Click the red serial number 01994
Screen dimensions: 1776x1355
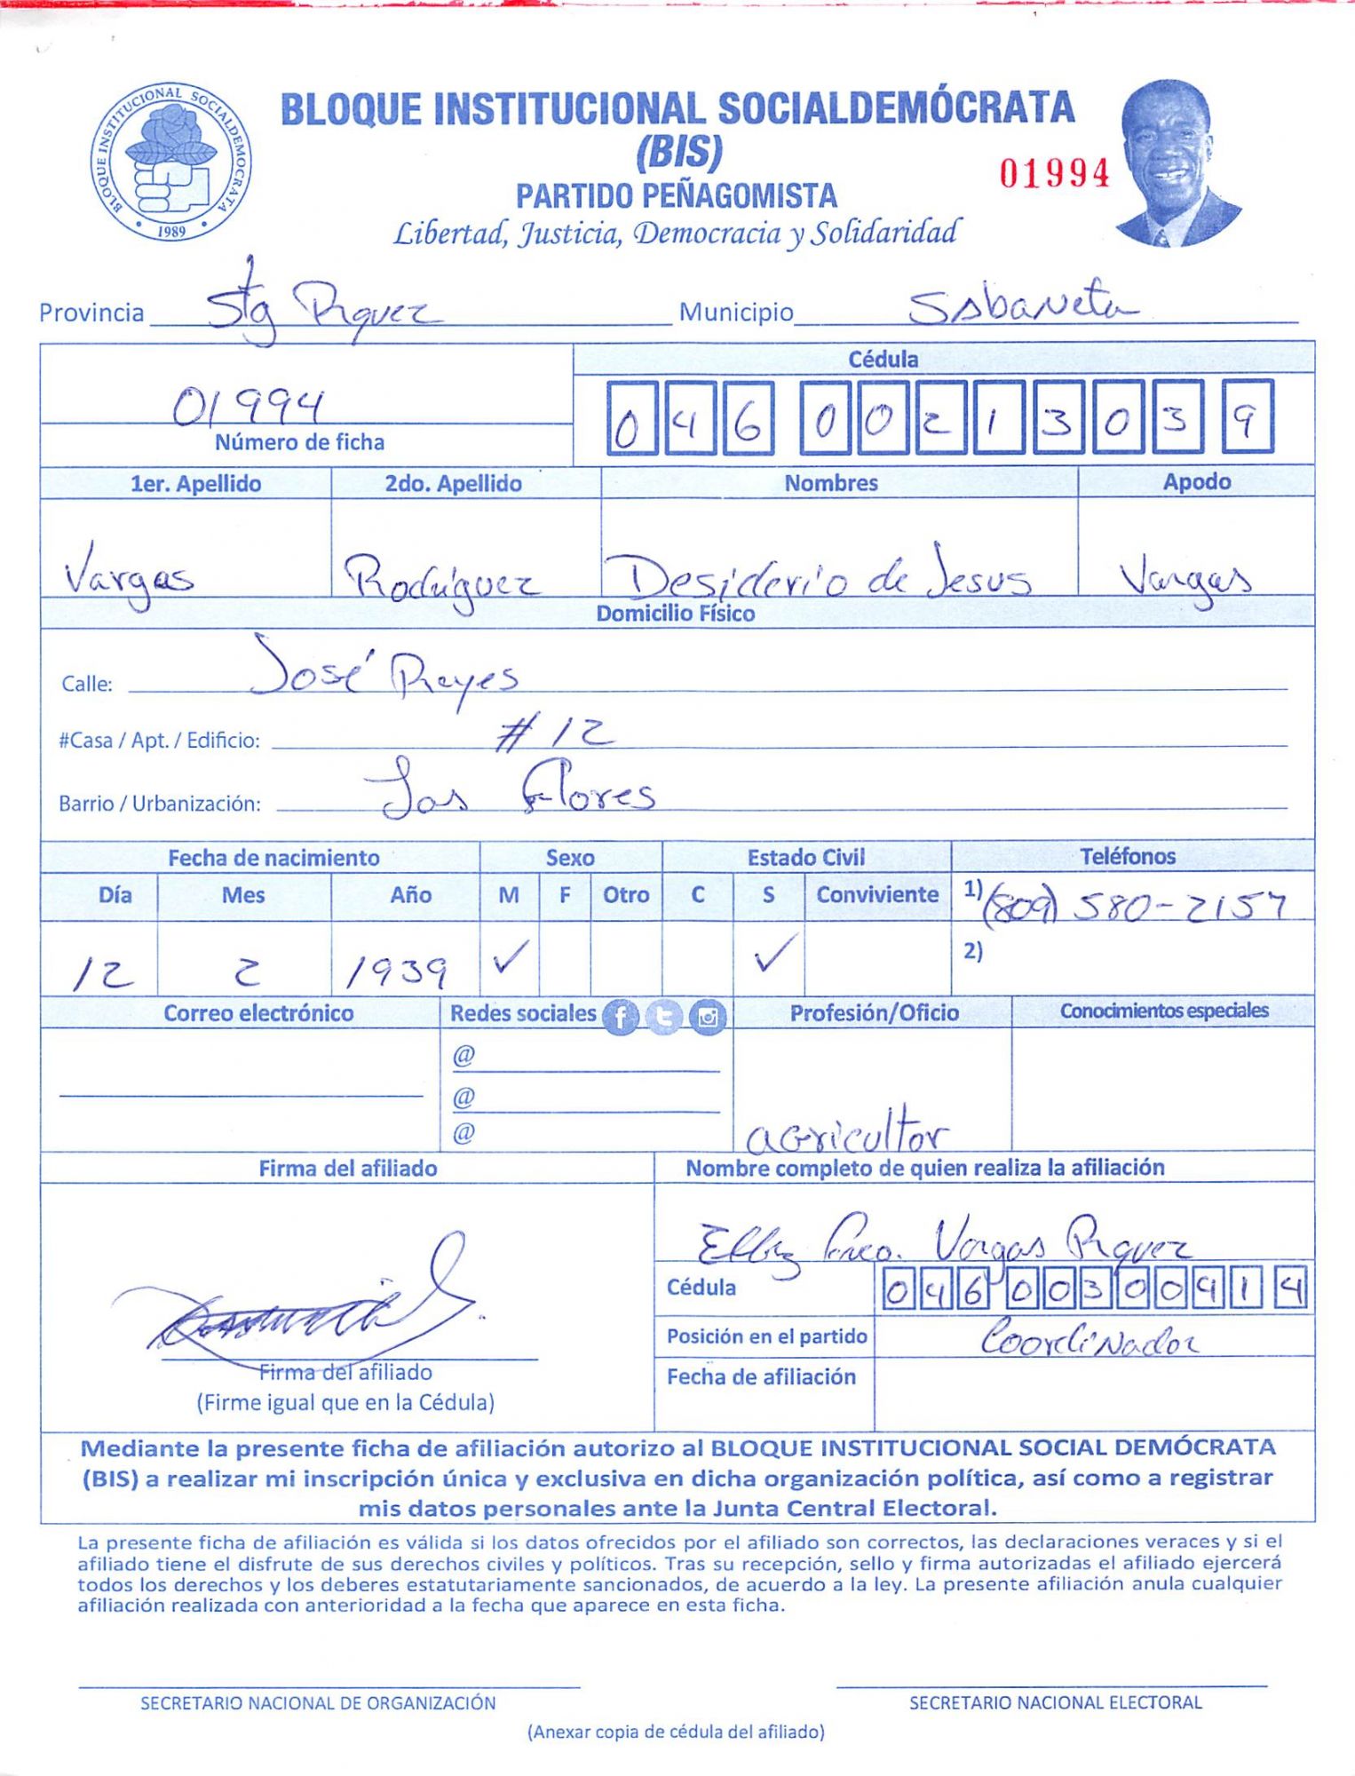pyautogui.click(x=1054, y=173)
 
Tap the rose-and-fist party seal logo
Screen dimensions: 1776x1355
pyautogui.click(x=172, y=163)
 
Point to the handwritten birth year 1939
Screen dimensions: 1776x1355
pyautogui.click(x=395, y=974)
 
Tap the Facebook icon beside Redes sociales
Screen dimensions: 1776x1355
pyautogui.click(x=620, y=1017)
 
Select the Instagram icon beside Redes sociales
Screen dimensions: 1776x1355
pyautogui.click(x=708, y=1017)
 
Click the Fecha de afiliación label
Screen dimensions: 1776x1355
pyautogui.click(x=761, y=1376)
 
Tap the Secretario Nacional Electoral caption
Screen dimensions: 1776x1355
pyautogui.click(x=1055, y=1702)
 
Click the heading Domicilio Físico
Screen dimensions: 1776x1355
pyautogui.click(x=675, y=614)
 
